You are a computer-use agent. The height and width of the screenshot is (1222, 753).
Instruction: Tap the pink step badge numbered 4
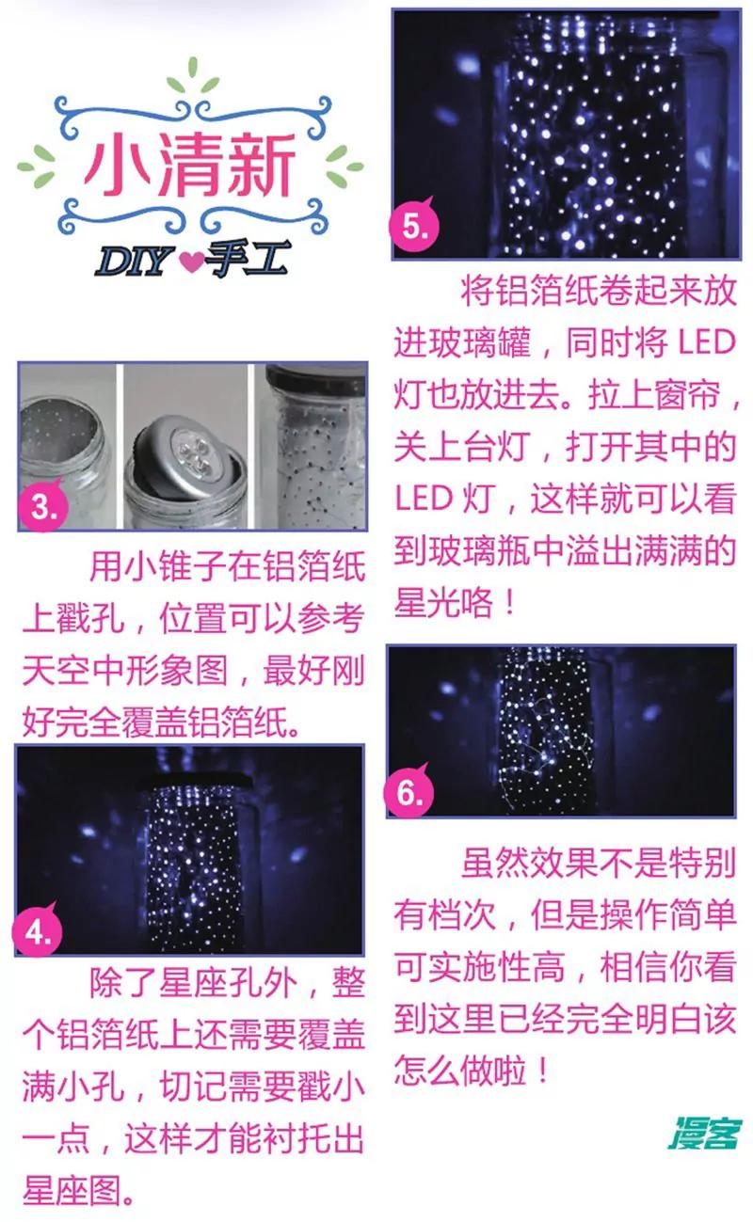click(37, 931)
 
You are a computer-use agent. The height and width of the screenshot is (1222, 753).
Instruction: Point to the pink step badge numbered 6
click(409, 792)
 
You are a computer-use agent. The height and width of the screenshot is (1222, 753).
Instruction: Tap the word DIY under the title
click(134, 262)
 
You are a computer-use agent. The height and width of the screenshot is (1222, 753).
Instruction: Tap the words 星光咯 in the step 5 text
click(443, 603)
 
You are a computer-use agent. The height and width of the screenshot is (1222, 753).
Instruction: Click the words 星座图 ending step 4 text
click(72, 1190)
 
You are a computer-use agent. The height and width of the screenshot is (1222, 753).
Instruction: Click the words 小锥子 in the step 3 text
click(174, 567)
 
